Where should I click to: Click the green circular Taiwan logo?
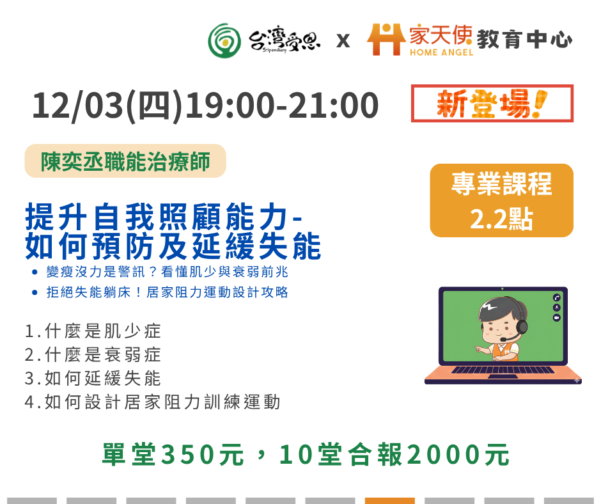pos(224,41)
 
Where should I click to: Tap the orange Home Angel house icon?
pos(386,39)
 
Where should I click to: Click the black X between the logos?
pos(343,41)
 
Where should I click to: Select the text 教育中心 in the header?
pos(524,40)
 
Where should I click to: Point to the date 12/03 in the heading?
pos(77,105)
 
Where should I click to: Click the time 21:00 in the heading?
pos(333,105)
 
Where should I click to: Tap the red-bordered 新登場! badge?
pos(492,104)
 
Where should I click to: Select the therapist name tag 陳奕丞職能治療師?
pos(125,161)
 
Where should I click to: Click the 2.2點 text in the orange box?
pos(501,219)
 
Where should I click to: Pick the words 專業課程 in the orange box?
pos(501,184)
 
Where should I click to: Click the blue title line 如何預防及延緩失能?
pos(173,246)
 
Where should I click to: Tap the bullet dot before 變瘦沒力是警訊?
pos(35,272)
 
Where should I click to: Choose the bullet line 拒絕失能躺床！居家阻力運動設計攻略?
pos(167,292)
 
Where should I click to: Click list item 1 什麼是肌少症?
pos(93,331)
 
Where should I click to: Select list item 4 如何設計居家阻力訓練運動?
pos(153,402)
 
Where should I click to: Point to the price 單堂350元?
pos(173,455)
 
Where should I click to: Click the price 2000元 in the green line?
pos(458,455)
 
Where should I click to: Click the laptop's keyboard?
pos(503,370)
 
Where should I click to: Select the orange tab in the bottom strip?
pos(390,501)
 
